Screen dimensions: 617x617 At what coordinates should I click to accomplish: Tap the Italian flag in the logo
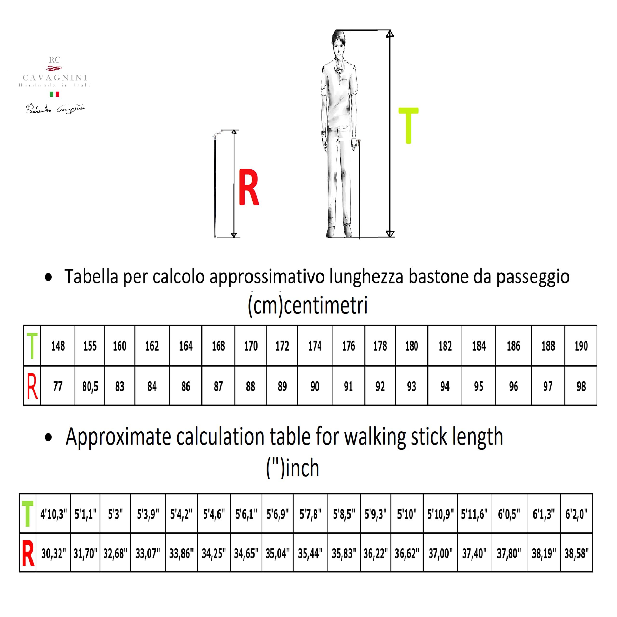54,94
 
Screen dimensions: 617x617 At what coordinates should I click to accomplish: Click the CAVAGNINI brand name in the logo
55,78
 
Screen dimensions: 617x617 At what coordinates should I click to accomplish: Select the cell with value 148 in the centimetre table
58,346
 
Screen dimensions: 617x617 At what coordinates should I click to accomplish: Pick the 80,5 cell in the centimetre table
90,386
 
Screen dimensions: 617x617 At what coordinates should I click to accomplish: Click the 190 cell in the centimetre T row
581,346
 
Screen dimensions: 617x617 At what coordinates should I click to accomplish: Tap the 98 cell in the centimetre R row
581,386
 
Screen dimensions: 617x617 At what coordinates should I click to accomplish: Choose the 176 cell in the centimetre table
349,346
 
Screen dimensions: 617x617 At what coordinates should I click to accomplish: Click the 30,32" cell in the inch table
53,553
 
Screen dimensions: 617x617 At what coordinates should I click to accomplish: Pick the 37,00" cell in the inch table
440,553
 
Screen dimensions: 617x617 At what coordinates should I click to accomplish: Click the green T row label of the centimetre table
32,346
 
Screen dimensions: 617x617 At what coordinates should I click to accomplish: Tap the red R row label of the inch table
28,553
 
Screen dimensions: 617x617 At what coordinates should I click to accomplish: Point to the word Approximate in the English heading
118,437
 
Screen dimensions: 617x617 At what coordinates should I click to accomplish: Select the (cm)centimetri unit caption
308,306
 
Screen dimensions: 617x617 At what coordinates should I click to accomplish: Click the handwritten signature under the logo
55,109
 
